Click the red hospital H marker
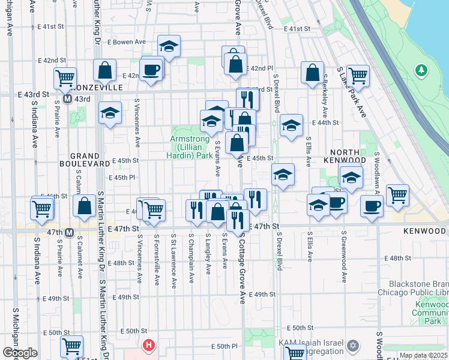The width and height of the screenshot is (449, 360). tap(148, 346)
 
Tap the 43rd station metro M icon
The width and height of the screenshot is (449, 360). tap(68, 98)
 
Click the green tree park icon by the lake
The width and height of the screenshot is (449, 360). tap(421, 71)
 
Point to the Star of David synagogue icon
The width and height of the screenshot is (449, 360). tap(354, 346)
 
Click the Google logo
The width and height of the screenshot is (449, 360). tap(19, 353)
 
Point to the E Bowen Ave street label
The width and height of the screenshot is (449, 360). tap(127, 42)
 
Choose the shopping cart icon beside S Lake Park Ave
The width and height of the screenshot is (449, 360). tap(358, 76)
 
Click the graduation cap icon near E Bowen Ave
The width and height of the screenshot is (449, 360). tap(169, 46)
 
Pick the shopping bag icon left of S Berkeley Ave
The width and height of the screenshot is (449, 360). tap(312, 74)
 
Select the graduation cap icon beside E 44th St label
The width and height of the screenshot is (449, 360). tap(291, 126)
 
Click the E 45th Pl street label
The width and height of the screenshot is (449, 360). tap(122, 178)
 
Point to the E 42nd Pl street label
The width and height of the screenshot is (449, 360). tap(260, 69)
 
